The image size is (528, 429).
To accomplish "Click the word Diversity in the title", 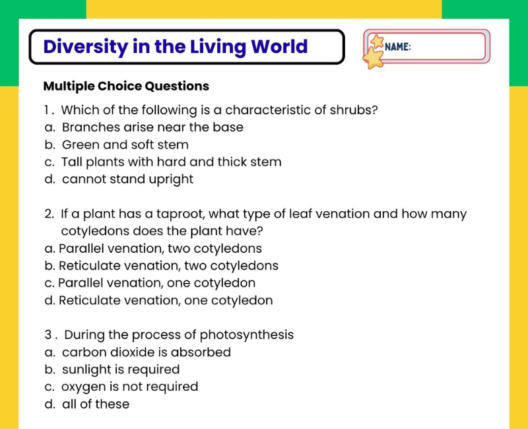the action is point(85,47).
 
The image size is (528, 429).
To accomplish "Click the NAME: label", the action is point(398,47).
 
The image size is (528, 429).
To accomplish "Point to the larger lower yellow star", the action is point(373,58).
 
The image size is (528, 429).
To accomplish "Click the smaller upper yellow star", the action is point(377,41).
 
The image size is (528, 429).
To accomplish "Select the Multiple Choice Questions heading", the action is point(126,86).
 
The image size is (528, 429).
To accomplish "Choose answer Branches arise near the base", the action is point(152,127).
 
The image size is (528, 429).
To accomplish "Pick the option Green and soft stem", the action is point(125,145).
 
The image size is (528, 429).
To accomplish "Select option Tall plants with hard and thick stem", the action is point(172,162).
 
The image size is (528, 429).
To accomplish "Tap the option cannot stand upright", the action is point(127,180).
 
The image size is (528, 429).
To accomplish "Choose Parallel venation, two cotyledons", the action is point(160,249).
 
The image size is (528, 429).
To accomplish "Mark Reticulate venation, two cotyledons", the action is point(169,266).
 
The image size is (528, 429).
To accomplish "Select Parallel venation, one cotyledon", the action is point(157,283).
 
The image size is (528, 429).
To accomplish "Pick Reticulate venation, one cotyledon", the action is point(166,300).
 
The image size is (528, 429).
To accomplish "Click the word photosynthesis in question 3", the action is point(246,335).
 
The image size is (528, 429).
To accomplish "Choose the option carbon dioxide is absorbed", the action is point(147,352).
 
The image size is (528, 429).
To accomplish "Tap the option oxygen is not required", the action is point(129,387).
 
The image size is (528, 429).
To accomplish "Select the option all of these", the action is point(96,404).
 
